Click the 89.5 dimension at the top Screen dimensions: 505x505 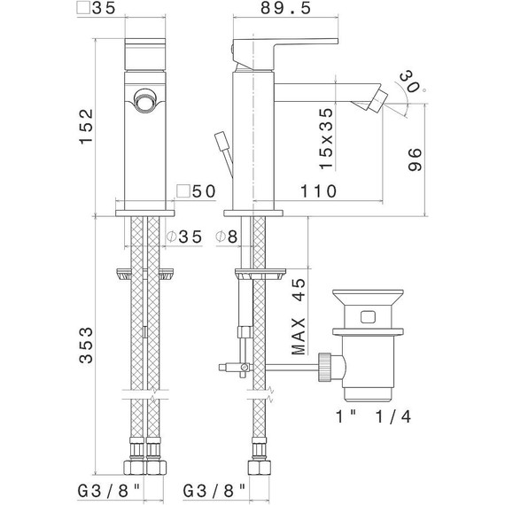[286, 8]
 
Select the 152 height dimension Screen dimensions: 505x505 [86, 127]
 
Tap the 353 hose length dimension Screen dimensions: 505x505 [86, 346]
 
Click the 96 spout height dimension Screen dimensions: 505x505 [415, 159]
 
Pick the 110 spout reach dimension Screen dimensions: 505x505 [319, 191]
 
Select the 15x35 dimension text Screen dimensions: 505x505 [326, 138]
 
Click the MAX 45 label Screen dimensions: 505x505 [299, 316]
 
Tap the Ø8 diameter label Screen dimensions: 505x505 [227, 237]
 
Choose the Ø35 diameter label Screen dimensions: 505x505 [184, 237]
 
